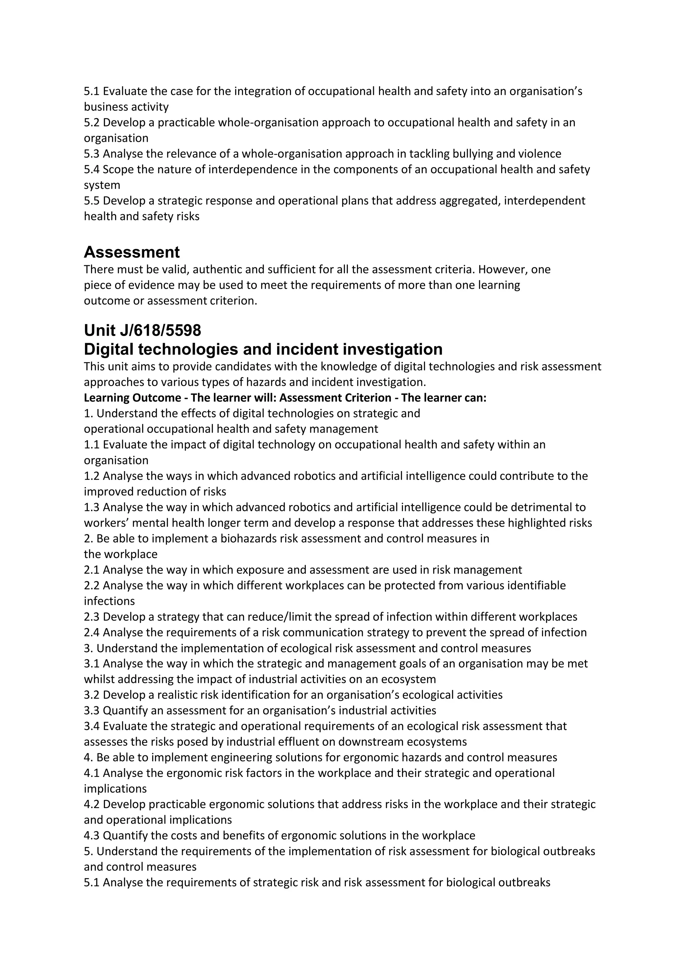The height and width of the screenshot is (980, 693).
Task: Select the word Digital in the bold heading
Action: click(110, 349)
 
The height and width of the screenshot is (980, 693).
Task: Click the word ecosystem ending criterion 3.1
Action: click(408, 679)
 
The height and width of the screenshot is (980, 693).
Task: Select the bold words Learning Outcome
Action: click(132, 398)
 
